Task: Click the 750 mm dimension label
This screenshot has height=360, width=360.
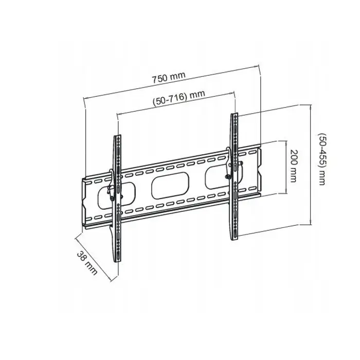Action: [169, 77]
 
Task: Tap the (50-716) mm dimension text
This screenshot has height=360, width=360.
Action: [179, 98]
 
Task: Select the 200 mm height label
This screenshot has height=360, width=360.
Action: [294, 166]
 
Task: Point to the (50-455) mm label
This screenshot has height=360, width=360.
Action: [322, 159]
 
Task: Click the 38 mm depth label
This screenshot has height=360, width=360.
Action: [87, 263]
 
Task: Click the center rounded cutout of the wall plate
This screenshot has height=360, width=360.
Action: [170, 186]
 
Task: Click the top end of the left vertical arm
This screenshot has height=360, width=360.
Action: [118, 136]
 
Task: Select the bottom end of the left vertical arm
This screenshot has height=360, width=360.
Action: [118, 261]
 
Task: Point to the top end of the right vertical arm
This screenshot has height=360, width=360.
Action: [234, 114]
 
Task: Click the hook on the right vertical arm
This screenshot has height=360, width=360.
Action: [228, 163]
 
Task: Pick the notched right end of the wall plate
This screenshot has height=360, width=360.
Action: [260, 170]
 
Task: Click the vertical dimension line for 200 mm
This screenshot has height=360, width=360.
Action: [286, 167]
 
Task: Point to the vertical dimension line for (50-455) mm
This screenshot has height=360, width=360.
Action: [311, 165]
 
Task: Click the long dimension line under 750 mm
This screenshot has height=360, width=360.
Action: [171, 82]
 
